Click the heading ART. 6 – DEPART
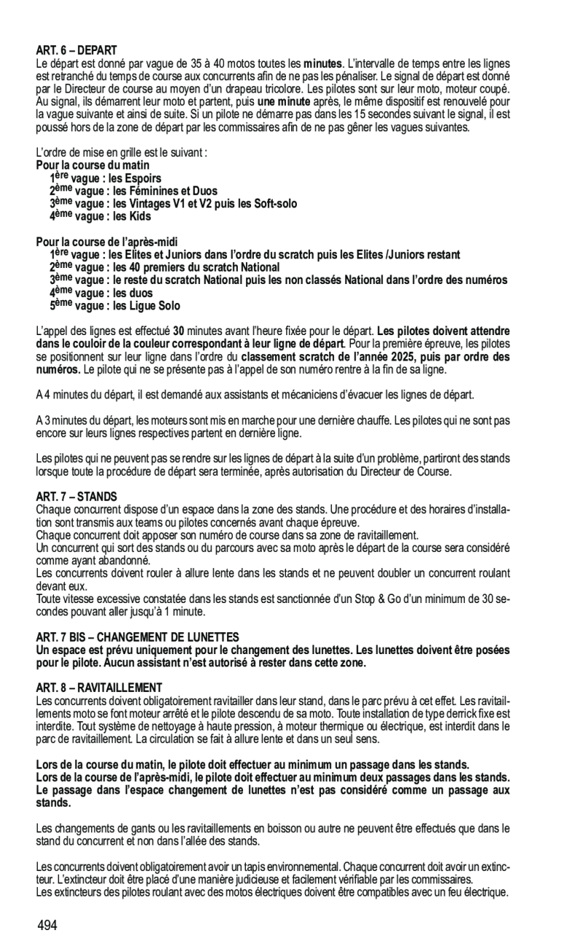[x=76, y=50]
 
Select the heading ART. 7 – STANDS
[x=72, y=497]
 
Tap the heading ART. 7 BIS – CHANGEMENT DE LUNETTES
[x=137, y=638]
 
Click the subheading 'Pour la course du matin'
[x=93, y=166]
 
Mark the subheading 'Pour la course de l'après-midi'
[x=107, y=242]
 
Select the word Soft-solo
[x=270, y=204]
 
